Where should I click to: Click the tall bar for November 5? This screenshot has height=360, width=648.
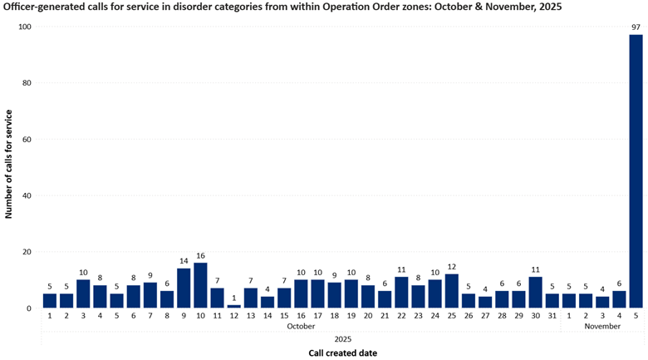636,171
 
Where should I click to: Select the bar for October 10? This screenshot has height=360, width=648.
200,285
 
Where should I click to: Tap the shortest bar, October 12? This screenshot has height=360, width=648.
234,307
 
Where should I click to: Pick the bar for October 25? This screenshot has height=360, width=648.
452,291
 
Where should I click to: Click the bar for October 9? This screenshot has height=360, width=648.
184,288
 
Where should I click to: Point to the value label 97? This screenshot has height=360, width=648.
636,27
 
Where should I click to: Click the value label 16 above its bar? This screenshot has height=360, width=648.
200,256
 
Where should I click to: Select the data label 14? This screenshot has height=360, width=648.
184,261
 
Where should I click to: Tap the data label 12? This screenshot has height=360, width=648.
452,267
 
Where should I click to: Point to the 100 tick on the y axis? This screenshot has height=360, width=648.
25,27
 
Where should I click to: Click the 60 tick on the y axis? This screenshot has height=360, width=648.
27,139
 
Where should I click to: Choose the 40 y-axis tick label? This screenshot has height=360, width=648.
27,195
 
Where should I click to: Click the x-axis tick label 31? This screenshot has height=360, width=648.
552,316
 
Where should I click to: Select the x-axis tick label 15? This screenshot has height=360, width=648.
284,316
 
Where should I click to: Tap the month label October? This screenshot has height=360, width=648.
301,326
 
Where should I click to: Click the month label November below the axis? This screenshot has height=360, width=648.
602,326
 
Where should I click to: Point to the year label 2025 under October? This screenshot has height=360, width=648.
343,339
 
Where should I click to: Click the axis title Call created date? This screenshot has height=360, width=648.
342,353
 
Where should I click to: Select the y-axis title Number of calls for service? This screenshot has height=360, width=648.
8,165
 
